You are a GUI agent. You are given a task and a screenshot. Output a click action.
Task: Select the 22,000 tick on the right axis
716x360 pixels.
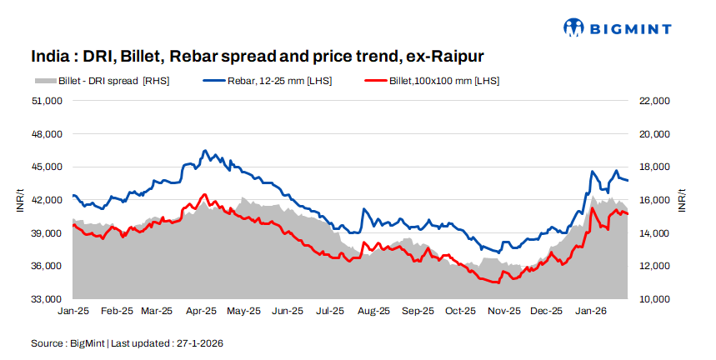coord(654,101)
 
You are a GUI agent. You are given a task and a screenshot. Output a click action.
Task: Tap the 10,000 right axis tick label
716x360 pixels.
coord(654,299)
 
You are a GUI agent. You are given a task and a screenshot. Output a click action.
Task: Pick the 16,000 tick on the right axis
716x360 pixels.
coord(654,200)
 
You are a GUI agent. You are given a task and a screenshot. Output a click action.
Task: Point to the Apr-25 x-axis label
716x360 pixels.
coord(202,311)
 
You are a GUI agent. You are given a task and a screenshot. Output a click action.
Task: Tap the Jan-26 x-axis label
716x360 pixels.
coord(590,311)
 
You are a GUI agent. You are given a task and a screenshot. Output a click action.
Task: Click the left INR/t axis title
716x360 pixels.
coord(19,200)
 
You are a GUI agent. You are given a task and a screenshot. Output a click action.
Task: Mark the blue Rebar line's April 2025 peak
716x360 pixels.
coord(205,151)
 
